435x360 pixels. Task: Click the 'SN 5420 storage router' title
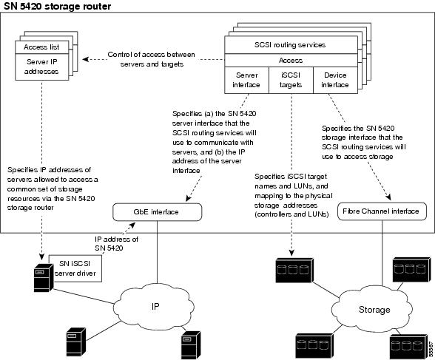pos(58,6)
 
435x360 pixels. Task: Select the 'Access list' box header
pos(41,47)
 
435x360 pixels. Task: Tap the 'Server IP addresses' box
pos(41,67)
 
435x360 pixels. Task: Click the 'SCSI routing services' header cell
pos(291,45)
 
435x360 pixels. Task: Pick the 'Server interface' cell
pos(246,80)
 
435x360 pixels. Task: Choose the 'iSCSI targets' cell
pos(291,80)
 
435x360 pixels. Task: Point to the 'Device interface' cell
pos(335,80)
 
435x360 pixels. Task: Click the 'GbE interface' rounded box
pos(157,212)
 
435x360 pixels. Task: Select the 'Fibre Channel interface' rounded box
pos(382,211)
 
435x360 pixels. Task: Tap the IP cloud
pos(155,307)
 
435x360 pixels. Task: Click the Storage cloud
pos(373,309)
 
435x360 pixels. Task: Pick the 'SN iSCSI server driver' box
pos(75,268)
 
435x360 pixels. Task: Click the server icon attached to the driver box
pos(43,278)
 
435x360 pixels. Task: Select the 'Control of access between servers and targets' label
pos(152,59)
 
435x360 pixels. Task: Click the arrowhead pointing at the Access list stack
pos(86,59)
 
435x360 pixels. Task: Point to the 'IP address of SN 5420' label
pos(116,244)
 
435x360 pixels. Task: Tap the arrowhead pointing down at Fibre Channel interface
pos(388,197)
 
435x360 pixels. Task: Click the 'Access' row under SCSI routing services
pos(291,61)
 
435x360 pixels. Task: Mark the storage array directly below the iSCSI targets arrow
pos(294,271)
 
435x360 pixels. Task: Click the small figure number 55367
pos(431,349)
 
